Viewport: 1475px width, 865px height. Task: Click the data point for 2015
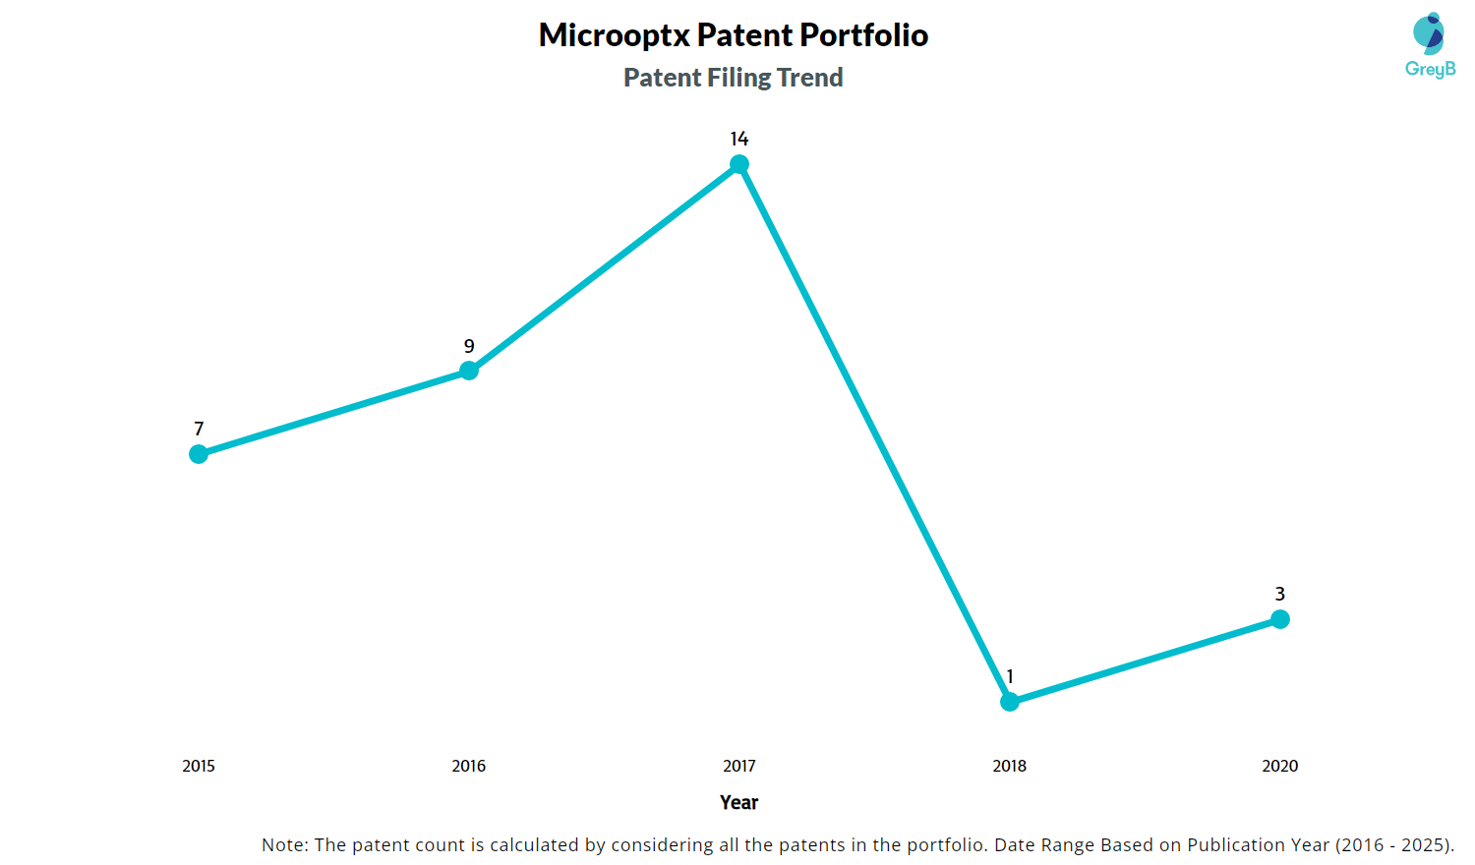(199, 454)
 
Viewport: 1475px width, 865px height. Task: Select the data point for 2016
(469, 371)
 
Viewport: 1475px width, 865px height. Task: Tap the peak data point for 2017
(739, 164)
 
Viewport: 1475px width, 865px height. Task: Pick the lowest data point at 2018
(1010, 702)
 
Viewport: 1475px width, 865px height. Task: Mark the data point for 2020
(1280, 619)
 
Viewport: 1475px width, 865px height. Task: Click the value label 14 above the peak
(739, 139)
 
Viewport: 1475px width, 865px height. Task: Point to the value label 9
(469, 346)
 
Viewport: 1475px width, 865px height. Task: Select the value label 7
(199, 429)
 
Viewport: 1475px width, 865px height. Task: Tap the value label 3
(1280, 594)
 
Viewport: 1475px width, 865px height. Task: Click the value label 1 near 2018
(1010, 676)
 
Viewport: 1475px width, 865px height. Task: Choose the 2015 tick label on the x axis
(199, 766)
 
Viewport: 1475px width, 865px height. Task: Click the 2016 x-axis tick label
(469, 766)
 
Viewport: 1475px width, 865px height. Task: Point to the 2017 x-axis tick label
(739, 766)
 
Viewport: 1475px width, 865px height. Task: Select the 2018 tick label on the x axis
(1010, 766)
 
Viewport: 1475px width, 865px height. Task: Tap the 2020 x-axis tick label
(1280, 766)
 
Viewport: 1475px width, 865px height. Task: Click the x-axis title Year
(739, 802)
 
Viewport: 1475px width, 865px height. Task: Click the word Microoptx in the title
(614, 35)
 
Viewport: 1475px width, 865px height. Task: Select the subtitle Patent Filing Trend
(734, 78)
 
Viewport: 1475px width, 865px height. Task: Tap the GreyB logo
(1430, 45)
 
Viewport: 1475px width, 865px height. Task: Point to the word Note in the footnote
(283, 844)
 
